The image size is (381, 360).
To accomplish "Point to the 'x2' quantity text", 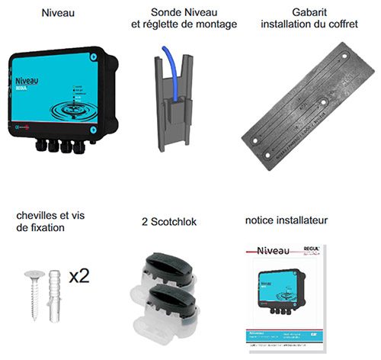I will point(78,275).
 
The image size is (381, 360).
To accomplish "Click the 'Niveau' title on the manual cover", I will point(272,250).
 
